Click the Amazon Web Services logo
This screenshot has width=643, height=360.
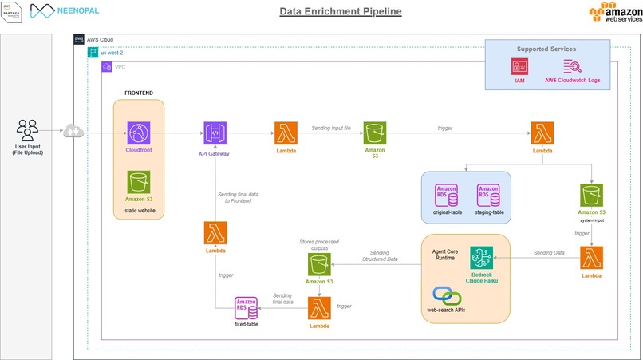coord(611,15)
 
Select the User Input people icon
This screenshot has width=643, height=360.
coord(27,129)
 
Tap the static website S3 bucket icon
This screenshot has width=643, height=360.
coord(140,181)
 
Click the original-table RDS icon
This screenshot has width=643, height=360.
coord(442,195)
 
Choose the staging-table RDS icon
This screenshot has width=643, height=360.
coord(488,195)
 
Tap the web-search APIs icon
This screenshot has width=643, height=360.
coord(448,295)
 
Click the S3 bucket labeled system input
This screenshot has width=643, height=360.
coord(591,194)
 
